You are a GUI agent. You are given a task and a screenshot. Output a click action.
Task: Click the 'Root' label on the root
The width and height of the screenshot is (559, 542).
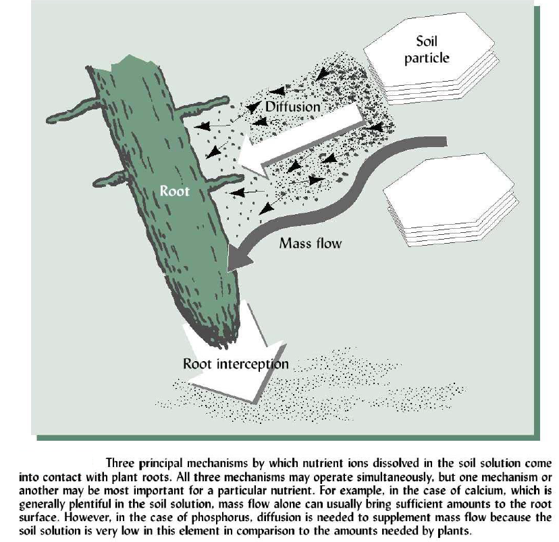tap(174, 191)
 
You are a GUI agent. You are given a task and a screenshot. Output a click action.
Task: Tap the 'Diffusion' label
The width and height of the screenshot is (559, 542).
tap(293, 107)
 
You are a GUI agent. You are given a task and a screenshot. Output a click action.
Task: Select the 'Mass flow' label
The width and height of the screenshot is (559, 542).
tap(310, 243)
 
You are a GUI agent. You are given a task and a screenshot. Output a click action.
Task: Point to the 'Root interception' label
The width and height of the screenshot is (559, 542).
tap(236, 364)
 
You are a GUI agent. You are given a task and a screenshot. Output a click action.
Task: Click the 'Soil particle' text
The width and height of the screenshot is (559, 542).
tap(427, 49)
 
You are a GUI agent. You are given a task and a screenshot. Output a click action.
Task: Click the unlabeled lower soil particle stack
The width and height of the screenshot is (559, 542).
tap(450, 199)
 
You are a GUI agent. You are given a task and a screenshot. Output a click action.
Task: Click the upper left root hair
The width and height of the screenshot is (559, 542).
tap(73, 111)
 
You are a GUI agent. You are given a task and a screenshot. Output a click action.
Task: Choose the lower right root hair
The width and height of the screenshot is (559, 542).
tap(225, 182)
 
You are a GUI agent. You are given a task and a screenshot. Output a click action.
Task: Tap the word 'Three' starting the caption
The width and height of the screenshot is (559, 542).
tap(120, 463)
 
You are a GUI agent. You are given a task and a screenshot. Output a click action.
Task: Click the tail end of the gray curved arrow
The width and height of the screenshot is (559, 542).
tap(446, 141)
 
